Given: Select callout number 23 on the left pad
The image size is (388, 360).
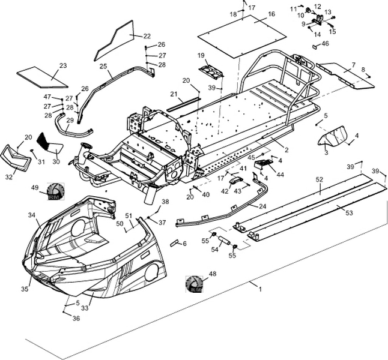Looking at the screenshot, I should (62, 65).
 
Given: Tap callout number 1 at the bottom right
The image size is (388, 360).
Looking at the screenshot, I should (260, 289).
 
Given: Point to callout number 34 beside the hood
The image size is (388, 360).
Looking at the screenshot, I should (31, 215).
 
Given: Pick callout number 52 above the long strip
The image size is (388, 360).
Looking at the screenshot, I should (320, 179).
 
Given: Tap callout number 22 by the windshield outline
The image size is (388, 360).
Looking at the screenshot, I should (147, 35).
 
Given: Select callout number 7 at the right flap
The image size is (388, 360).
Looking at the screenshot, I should (353, 64).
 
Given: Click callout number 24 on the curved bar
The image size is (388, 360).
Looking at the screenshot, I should (262, 206).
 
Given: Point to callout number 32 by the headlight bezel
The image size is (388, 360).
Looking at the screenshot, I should (9, 177).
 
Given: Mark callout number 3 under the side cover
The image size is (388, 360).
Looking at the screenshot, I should (326, 153).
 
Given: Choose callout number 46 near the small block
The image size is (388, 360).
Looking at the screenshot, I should (325, 44).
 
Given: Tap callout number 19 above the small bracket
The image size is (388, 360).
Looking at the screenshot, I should (201, 55).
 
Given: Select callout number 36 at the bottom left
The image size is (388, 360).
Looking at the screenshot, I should (76, 319).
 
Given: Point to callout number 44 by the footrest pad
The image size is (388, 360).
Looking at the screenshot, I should (280, 174).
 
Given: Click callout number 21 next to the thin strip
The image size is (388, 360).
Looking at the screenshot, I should (174, 94).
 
